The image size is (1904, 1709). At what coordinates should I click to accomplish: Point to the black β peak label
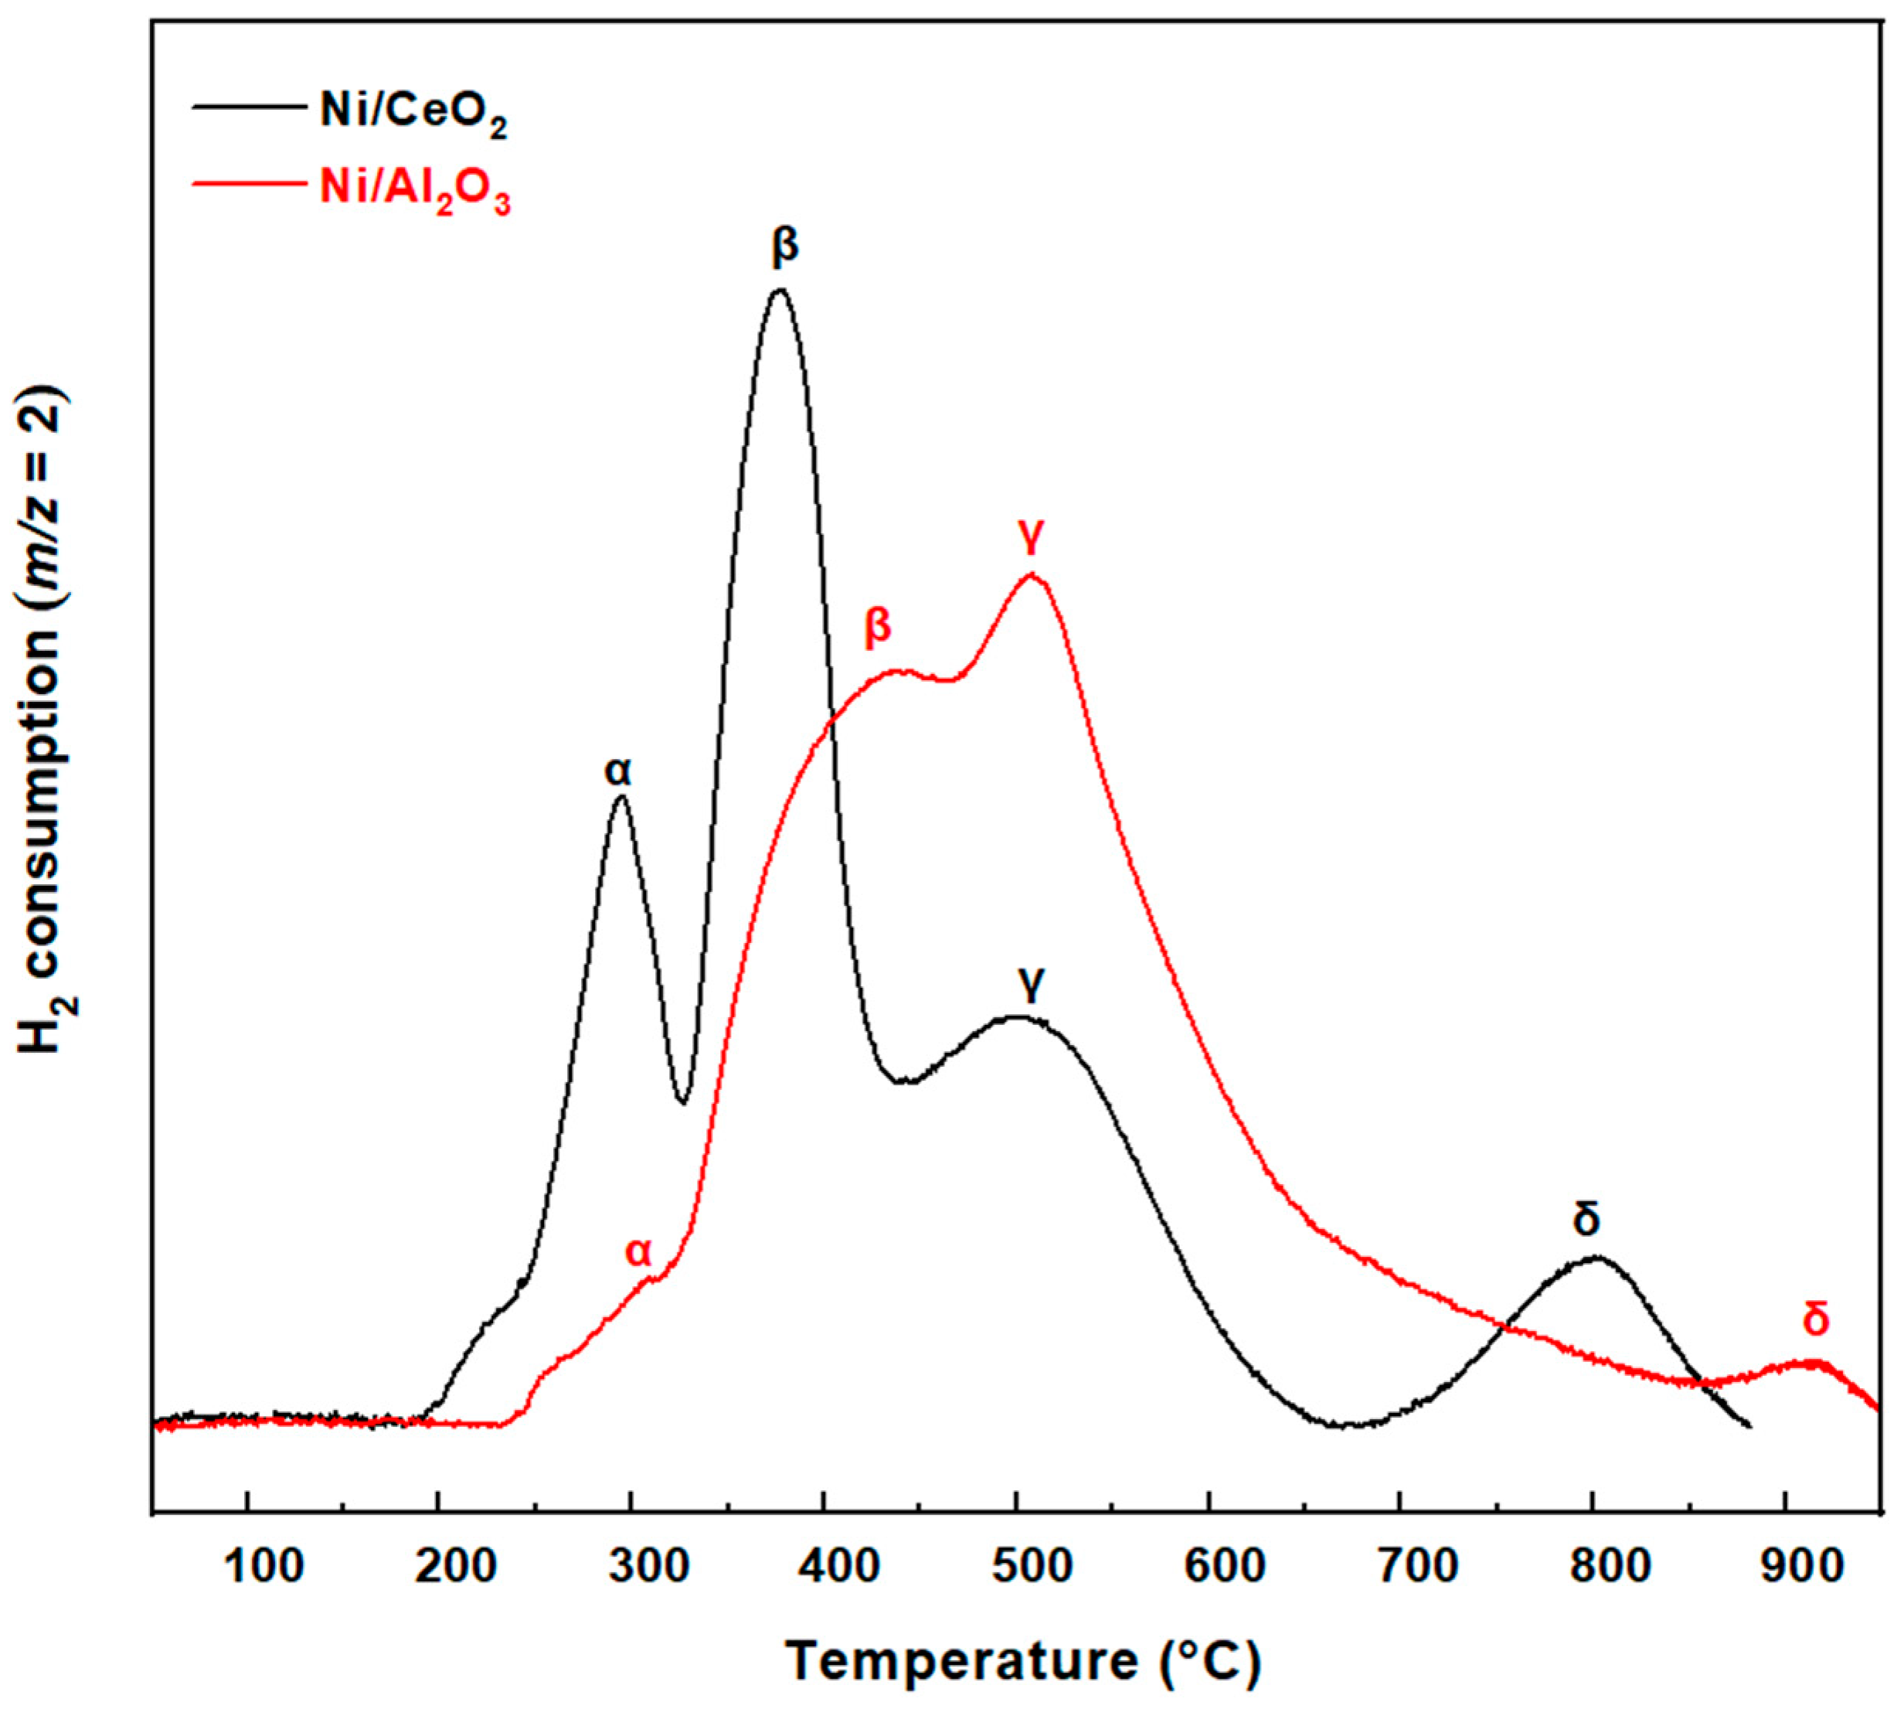(x=785, y=246)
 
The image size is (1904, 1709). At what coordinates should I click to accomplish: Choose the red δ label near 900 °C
(x=1817, y=1319)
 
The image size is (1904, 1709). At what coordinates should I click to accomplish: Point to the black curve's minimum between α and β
(x=682, y=1102)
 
